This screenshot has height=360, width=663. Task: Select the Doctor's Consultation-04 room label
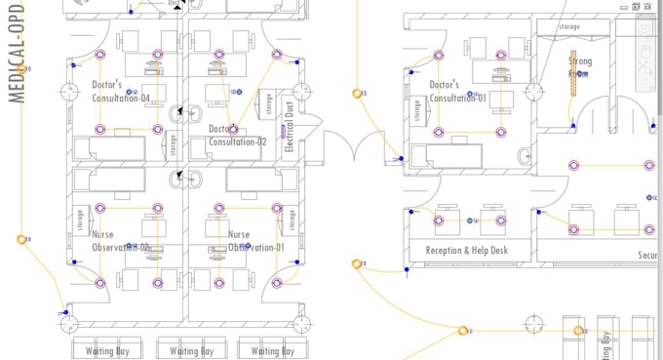point(121,92)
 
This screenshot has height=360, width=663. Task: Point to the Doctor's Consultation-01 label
point(457,91)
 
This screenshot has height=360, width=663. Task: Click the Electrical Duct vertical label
point(290,130)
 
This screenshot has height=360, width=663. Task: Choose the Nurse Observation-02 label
point(120,241)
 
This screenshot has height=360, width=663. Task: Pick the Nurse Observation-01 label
point(255,241)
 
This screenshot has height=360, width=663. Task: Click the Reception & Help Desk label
point(468,251)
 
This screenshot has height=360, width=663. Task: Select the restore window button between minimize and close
point(636,6)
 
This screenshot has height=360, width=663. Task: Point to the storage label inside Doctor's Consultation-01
point(416,113)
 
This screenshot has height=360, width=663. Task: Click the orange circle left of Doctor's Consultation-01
point(358,94)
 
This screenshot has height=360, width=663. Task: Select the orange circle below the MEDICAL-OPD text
point(20,239)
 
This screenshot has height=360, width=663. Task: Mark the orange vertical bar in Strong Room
point(574,73)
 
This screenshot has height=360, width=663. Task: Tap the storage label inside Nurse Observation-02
point(79,222)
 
